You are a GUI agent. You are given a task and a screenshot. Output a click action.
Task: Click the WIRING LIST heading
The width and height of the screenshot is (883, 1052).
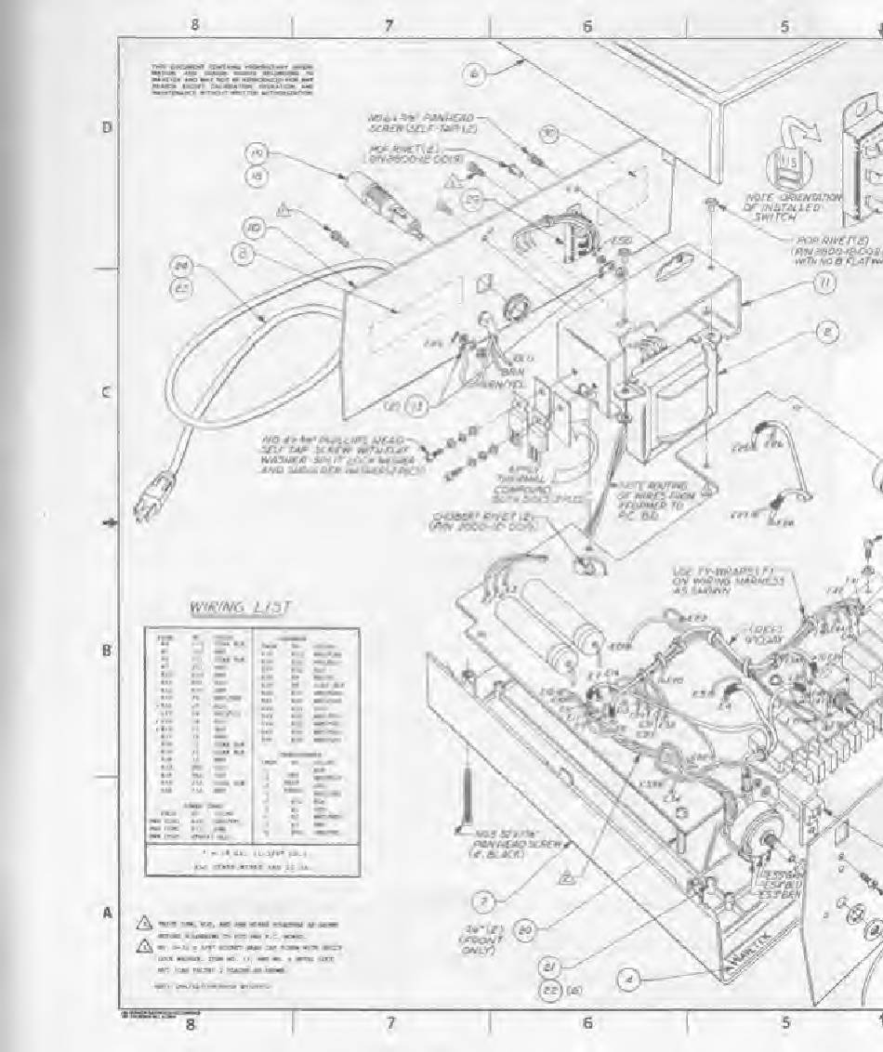coord(241,607)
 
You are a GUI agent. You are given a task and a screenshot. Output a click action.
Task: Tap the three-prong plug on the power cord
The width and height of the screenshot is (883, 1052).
coord(147,506)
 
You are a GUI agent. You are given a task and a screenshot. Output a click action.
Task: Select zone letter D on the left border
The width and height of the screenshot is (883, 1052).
coord(107,127)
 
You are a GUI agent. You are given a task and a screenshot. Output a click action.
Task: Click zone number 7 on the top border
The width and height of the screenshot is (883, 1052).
coord(389,26)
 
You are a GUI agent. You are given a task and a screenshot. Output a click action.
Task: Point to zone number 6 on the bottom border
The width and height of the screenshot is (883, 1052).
coord(586,1022)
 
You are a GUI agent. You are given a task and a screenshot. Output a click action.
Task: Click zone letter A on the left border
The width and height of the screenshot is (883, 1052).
coord(107,913)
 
